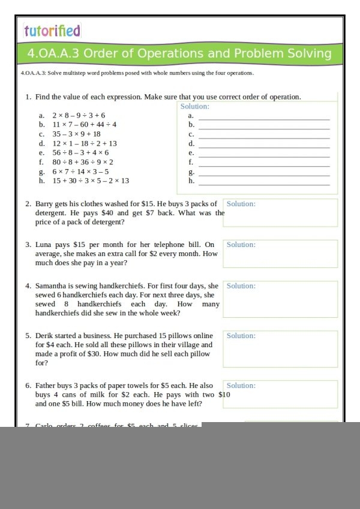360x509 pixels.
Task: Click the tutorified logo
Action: [x=52, y=31]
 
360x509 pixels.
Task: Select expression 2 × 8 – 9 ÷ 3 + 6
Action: [x=79, y=115]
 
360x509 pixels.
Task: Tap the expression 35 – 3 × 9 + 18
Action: [x=76, y=134]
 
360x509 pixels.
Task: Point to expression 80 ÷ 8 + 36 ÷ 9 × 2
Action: [x=83, y=162]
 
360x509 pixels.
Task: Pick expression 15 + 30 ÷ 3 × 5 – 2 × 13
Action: [x=91, y=180]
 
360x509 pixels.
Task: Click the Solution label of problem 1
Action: [x=194, y=107]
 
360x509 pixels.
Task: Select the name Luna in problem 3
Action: [x=43, y=245]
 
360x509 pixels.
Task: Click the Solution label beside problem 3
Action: [x=241, y=245]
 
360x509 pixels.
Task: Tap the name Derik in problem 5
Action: [x=44, y=336]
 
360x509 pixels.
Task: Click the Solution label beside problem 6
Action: [x=241, y=385]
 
